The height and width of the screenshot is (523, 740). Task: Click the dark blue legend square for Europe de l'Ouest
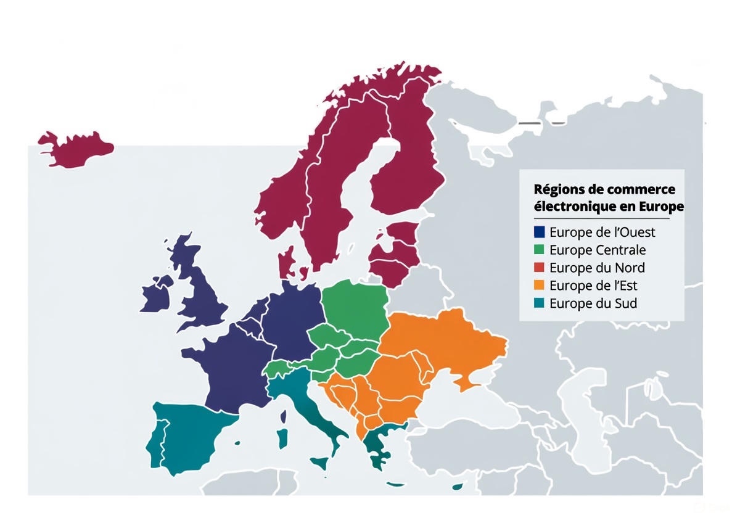pyautogui.click(x=540, y=233)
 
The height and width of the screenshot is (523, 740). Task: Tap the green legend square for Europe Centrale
pyautogui.click(x=540, y=250)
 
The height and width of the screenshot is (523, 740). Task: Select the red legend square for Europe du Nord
pyautogui.click(x=540, y=268)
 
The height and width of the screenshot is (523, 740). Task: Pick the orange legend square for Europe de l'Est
pyautogui.click(x=540, y=286)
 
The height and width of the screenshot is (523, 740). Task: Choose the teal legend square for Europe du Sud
pyautogui.click(x=540, y=303)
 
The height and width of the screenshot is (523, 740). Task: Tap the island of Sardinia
pyautogui.click(x=282, y=439)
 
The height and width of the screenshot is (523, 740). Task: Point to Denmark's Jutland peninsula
pyautogui.click(x=286, y=263)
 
